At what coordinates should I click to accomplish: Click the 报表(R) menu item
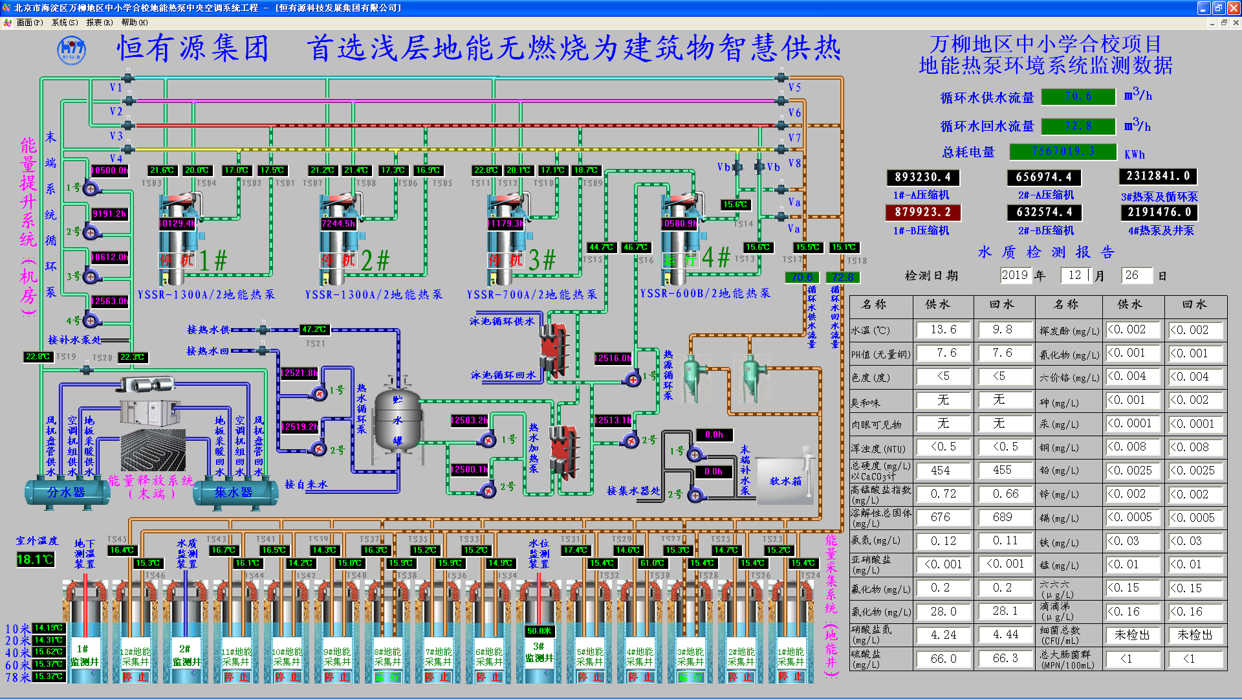(x=99, y=23)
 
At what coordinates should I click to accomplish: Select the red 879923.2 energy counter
(x=922, y=212)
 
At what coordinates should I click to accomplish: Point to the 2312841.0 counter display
(x=1157, y=176)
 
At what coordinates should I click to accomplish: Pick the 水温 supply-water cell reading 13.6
(x=943, y=330)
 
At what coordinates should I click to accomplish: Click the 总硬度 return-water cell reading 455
(x=1002, y=471)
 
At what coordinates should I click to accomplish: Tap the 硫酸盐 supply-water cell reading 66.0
(x=943, y=659)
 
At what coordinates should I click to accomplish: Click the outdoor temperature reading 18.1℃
(x=35, y=559)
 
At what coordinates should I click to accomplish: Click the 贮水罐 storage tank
(x=397, y=420)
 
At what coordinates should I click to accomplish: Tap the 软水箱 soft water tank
(x=785, y=481)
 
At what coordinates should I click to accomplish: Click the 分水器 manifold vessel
(x=67, y=493)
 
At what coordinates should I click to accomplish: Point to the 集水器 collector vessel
(x=234, y=493)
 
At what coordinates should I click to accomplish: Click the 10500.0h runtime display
(x=109, y=171)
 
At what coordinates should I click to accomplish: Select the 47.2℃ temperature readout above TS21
(x=314, y=329)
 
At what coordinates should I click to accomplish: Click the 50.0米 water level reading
(x=539, y=631)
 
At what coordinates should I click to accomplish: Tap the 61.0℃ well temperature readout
(x=652, y=563)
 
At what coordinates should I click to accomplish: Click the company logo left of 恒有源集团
(x=71, y=50)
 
